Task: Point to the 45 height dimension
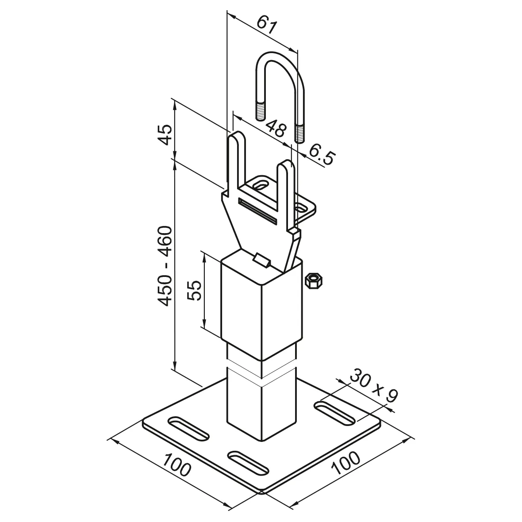[165, 135]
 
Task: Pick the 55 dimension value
[195, 290]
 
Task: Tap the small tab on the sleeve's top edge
[262, 260]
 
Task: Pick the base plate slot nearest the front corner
[248, 462]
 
